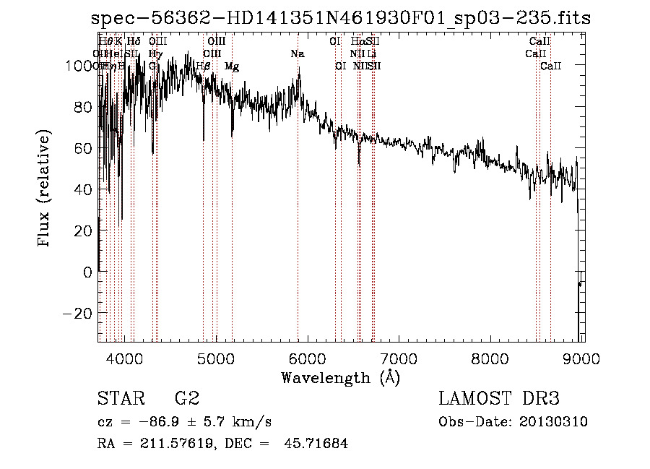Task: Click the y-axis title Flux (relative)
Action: [45, 189]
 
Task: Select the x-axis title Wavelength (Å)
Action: [340, 377]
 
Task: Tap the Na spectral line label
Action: [298, 54]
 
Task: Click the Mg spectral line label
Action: [232, 66]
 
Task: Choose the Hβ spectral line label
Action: [204, 66]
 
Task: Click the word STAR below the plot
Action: [120, 399]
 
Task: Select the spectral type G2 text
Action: [186, 399]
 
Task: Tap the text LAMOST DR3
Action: [499, 399]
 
